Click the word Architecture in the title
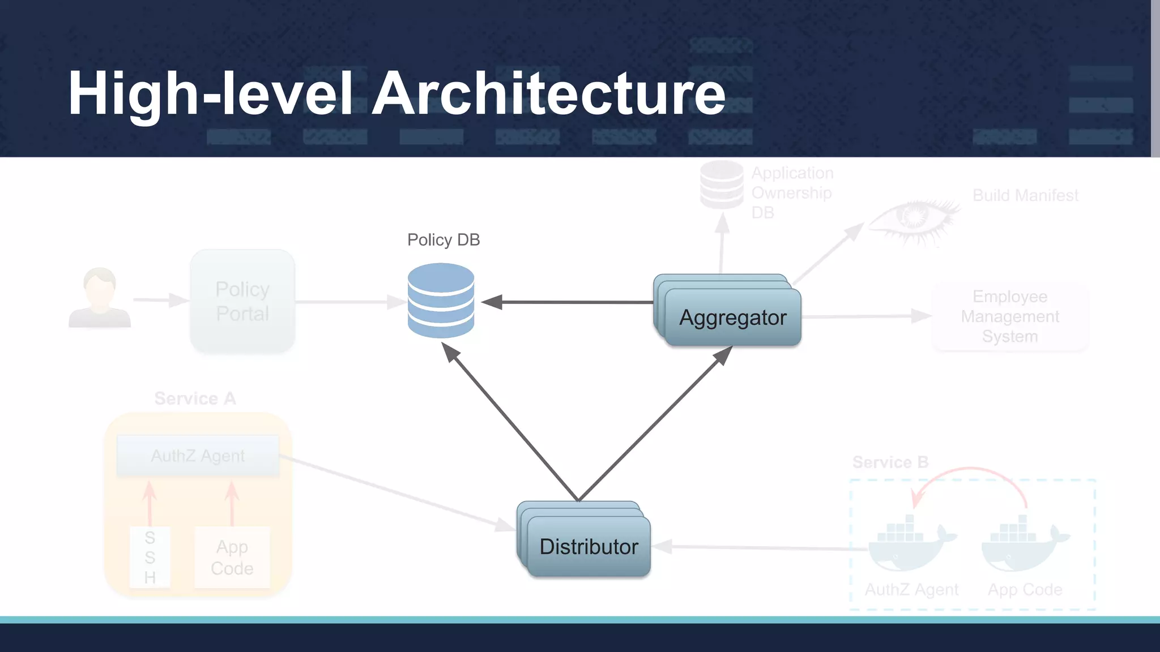[x=548, y=93]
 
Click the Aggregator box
[x=732, y=318]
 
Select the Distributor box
[x=588, y=547]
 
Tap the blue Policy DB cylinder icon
[x=441, y=301]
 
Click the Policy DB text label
[x=443, y=240]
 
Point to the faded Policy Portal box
[x=242, y=301]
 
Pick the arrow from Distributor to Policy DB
[x=510, y=422]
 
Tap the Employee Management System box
[x=1010, y=316]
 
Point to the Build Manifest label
[x=1025, y=196]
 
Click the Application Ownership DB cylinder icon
[x=722, y=185]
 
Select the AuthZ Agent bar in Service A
[x=198, y=456]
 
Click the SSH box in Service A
[x=150, y=557]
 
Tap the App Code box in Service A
[x=232, y=557]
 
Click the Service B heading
[x=890, y=462]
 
